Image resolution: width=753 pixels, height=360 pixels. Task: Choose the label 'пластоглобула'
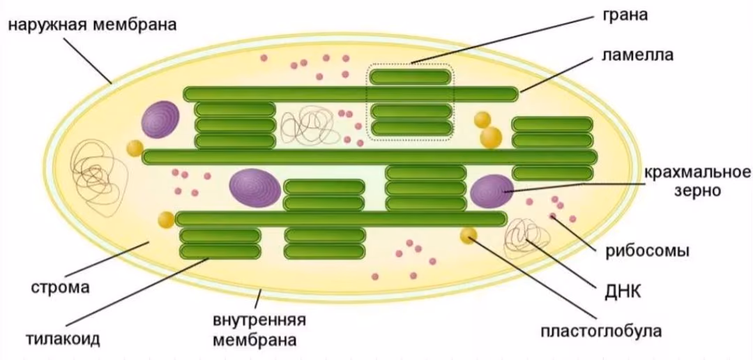pyautogui.click(x=601, y=331)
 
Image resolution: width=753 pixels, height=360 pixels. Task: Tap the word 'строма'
pyautogui.click(x=61, y=288)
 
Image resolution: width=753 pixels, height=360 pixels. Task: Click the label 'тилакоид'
pyautogui.click(x=63, y=338)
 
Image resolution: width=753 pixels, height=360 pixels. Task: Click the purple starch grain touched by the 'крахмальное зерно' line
pyautogui.click(x=492, y=191)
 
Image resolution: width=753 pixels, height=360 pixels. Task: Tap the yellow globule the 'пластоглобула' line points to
pyautogui.click(x=469, y=235)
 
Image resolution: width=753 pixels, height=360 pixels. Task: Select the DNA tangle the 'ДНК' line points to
pyautogui.click(x=526, y=237)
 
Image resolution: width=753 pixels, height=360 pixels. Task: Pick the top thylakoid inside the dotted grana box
pyautogui.click(x=411, y=77)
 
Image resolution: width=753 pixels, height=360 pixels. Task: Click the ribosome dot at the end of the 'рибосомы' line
pyautogui.click(x=553, y=216)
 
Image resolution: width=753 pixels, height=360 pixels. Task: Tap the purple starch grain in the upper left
pyautogui.click(x=160, y=120)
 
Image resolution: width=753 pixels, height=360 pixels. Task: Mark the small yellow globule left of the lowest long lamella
pyautogui.click(x=166, y=220)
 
